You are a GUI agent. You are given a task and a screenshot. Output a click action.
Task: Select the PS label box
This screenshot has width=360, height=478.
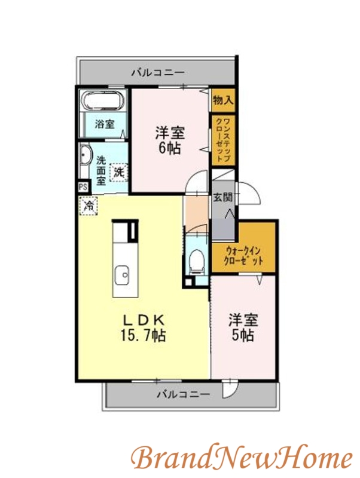(82, 186)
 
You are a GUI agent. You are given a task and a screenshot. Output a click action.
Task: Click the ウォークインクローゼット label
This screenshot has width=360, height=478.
(243, 255)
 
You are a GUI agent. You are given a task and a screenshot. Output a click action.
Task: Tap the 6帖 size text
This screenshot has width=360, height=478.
(170, 148)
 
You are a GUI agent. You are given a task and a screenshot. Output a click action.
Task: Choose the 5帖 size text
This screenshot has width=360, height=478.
(243, 335)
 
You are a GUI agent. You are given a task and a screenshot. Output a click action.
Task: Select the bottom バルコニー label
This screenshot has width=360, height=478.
(184, 395)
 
